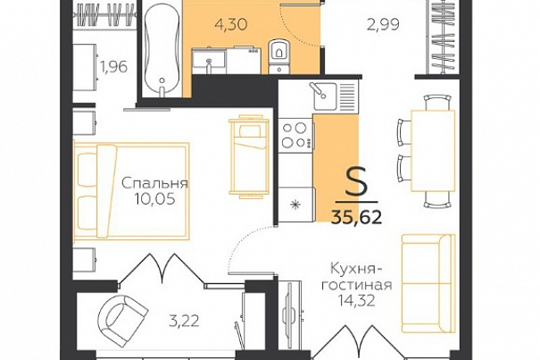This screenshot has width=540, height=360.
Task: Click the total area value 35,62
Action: [x=356, y=217]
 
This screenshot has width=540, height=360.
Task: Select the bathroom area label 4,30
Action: [x=231, y=24]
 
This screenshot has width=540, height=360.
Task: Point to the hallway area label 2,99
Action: [x=383, y=24]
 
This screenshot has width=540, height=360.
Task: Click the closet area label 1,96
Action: [x=113, y=67]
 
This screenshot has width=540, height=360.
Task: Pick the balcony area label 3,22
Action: [x=184, y=322]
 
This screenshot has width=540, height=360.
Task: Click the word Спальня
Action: [x=155, y=183]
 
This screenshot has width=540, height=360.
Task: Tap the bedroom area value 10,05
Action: [x=155, y=199]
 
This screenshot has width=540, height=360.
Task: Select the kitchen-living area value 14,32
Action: [x=356, y=301]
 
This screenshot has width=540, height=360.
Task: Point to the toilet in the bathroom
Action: [x=278, y=56]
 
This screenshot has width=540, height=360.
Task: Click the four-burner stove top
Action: [x=296, y=135]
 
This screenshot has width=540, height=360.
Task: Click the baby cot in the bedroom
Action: [x=249, y=156]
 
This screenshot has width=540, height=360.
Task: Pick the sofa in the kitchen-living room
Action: [x=428, y=283]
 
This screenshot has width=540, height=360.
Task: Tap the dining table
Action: [x=433, y=150]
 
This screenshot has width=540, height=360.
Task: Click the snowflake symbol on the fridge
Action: [x=295, y=205]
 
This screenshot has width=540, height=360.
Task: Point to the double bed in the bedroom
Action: [x=131, y=191]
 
